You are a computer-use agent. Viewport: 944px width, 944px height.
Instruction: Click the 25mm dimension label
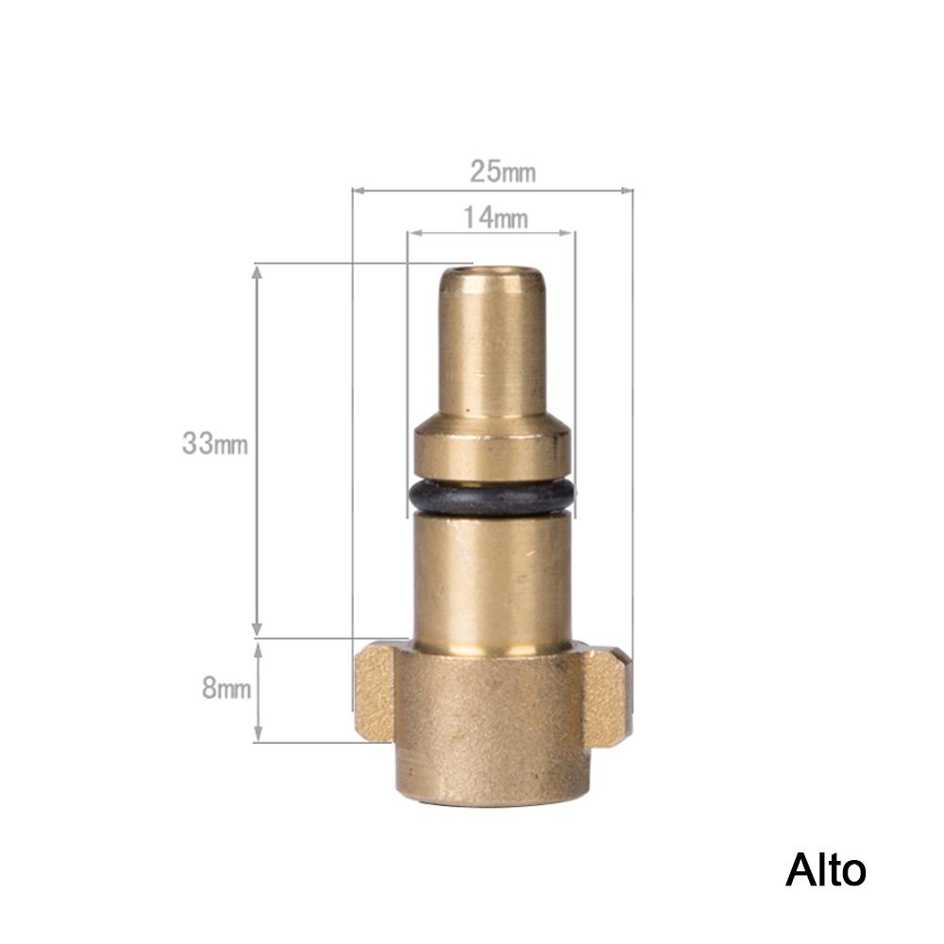503,172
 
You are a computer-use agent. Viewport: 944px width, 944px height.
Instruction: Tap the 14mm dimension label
496,218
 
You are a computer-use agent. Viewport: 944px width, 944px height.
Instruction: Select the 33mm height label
215,444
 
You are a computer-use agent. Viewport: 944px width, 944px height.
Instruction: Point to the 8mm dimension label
227,688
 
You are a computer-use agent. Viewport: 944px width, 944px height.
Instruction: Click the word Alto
825,870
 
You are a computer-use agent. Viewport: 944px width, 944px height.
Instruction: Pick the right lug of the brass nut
607,696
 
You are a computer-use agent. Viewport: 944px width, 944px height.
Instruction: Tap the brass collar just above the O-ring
491,450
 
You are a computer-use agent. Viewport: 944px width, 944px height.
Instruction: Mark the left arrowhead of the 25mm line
358,191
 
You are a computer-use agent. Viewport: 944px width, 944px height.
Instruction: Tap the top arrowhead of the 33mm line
258,271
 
